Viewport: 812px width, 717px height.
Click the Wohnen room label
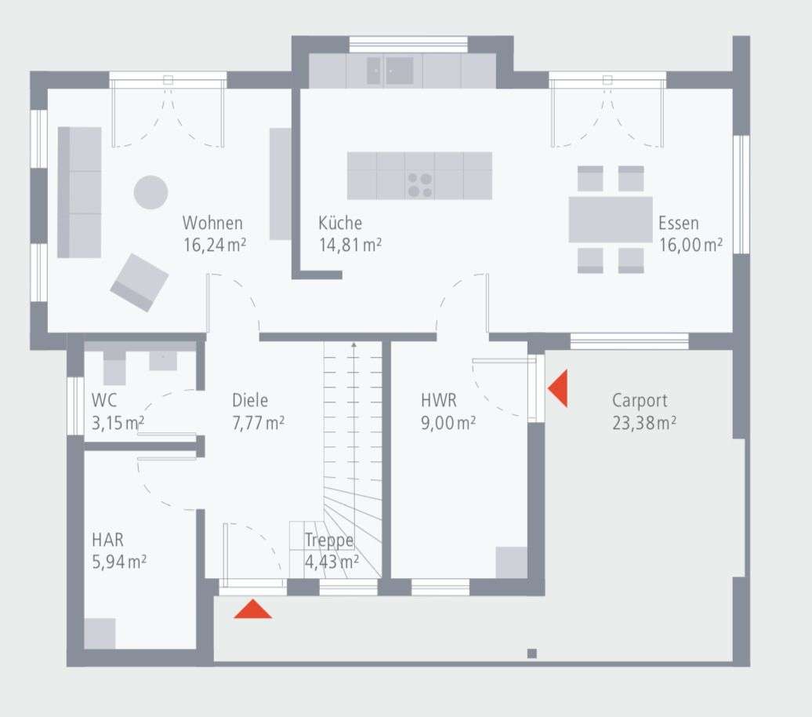coord(212,223)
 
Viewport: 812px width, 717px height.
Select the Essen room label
coord(678,223)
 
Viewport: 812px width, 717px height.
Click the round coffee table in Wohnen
coord(150,191)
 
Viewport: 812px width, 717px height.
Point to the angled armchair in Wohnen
coord(140,282)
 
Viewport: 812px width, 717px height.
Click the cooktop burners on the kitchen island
coord(419,185)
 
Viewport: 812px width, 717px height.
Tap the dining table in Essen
coord(610,220)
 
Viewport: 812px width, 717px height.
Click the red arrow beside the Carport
coord(558,390)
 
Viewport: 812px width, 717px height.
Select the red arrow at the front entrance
coord(253,609)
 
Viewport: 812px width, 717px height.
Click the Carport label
coord(640,400)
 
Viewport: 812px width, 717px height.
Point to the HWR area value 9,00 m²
coord(448,423)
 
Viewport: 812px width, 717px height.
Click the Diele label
coord(250,400)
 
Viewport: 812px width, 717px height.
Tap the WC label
coord(104,400)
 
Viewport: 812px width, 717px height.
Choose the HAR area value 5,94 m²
coord(119,562)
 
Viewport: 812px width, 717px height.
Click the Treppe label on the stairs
coord(329,540)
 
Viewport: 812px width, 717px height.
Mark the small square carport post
coord(531,653)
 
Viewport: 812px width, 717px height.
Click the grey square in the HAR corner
coord(100,633)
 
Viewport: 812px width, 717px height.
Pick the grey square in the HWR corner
coord(511,562)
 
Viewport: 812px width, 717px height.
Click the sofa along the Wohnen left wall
coord(79,192)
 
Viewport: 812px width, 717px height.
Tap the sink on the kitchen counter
coord(390,71)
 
